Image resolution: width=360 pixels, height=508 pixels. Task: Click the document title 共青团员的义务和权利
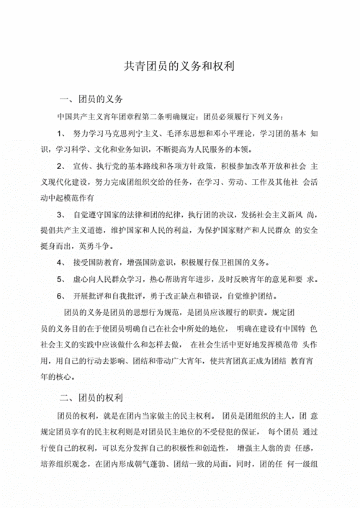tap(181, 65)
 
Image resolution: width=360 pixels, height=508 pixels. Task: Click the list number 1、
tap(60, 134)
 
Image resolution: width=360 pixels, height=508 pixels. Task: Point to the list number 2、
tap(60, 166)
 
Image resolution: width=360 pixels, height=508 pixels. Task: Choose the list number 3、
tap(60, 214)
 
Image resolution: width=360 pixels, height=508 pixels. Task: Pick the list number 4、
tap(60, 263)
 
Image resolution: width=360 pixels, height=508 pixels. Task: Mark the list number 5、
tap(60, 279)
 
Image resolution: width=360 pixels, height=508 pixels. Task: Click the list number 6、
tap(60, 296)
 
